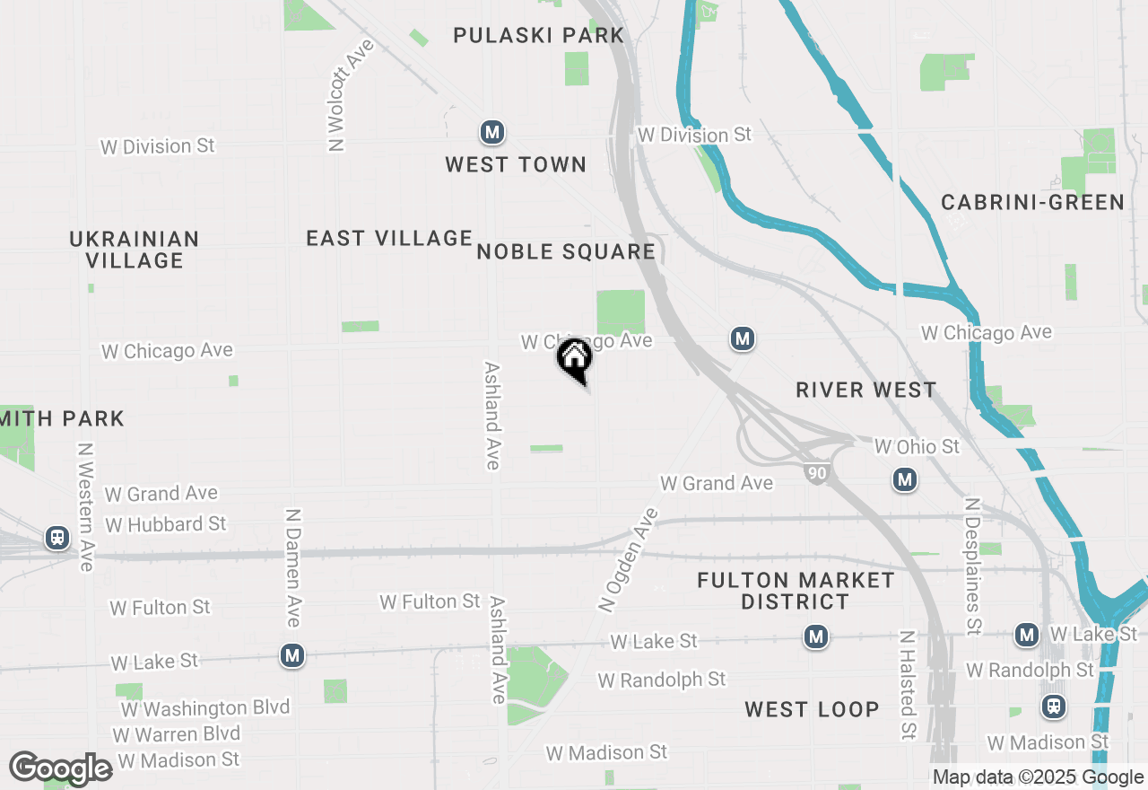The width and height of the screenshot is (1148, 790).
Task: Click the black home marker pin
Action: pos(574,359)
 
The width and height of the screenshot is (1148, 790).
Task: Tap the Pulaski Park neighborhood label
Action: pos(538,36)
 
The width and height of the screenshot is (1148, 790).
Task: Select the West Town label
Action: pos(516,164)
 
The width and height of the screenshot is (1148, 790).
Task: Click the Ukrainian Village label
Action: pos(135,250)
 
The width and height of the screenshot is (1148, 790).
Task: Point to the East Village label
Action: pos(389,238)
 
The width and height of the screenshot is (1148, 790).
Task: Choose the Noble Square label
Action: pos(566,251)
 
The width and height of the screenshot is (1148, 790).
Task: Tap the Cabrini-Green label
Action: pos(1032,202)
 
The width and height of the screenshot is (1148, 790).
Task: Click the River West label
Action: pos(866,390)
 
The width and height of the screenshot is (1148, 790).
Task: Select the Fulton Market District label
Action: pos(796,591)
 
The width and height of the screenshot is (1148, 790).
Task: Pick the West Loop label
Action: pos(812,709)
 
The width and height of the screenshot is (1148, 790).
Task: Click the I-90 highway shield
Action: pos(815,473)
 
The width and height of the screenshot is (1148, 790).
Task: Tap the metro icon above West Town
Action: pos(491,133)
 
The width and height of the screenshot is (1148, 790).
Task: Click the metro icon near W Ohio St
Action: pos(905,479)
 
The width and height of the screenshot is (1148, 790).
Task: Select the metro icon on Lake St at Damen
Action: pos(291,656)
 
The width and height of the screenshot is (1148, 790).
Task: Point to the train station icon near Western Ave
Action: pos(57,538)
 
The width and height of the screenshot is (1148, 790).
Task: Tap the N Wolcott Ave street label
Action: pos(349,94)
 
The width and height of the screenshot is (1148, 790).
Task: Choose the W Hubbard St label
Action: pos(166,523)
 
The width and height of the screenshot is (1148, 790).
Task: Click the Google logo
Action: pos(61,768)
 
